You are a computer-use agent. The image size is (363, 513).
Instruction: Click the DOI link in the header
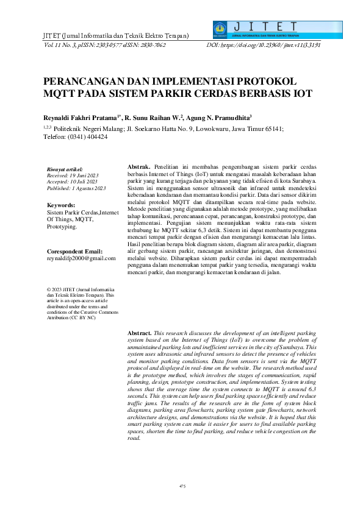[264, 45]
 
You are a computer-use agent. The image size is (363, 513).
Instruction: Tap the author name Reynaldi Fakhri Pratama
[80, 115]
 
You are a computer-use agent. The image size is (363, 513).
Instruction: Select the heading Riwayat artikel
[65, 169]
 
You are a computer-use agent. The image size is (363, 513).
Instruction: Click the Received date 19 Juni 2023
[85, 175]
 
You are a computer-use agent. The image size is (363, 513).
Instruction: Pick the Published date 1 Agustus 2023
[88, 188]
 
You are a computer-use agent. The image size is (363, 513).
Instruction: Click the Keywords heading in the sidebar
[60, 206]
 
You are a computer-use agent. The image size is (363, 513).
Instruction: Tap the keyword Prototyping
[62, 227]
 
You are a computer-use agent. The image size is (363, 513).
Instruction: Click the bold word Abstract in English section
[138, 334]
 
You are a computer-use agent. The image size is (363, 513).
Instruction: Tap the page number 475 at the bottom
[182, 486]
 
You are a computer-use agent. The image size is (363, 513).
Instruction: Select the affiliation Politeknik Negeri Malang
[89, 129]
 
